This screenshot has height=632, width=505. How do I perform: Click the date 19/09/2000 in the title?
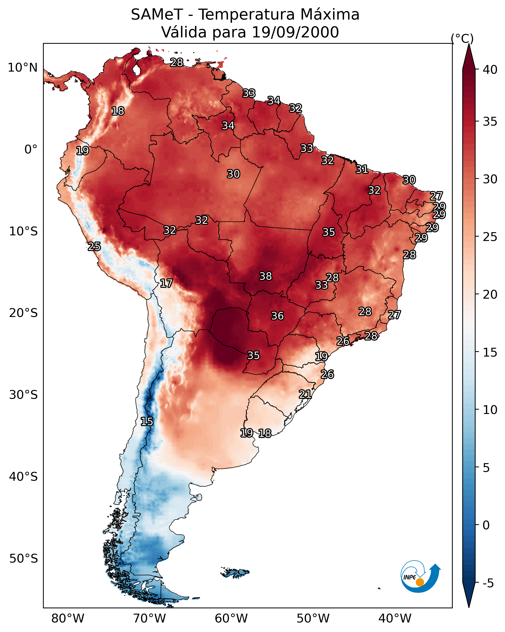point(295,32)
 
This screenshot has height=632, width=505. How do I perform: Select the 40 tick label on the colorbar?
point(490,70)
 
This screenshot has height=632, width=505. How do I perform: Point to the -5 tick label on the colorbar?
point(488,583)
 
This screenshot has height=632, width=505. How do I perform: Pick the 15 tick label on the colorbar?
point(490,352)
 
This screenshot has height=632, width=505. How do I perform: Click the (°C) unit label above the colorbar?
point(462,38)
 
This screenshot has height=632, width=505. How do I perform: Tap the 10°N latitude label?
point(22,68)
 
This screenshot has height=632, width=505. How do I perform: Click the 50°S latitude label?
point(23,559)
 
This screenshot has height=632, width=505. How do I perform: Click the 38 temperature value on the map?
point(266,276)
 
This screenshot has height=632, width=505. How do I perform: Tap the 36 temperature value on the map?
point(277,316)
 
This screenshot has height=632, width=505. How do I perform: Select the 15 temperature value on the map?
point(147,422)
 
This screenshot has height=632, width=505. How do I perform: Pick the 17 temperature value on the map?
point(166,283)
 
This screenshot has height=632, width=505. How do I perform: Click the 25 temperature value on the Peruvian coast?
point(94,247)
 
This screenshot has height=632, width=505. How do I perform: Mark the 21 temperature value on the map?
point(305,394)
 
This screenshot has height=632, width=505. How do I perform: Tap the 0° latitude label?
point(31,150)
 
